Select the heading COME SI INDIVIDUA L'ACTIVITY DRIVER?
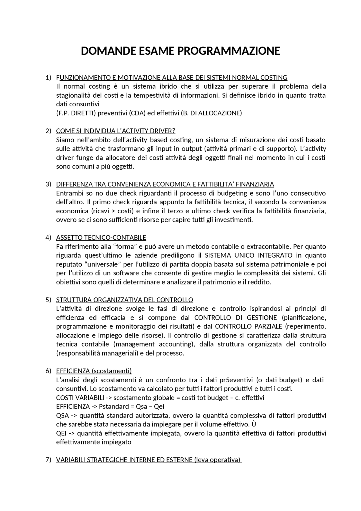pyautogui.click(x=116, y=131)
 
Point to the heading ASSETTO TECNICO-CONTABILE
pyautogui.click(x=101, y=238)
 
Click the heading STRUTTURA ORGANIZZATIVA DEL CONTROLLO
pyautogui.click(x=125, y=300)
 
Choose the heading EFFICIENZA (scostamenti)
pyautogui.click(x=94, y=371)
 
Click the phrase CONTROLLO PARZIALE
pyautogui.click(x=248, y=326)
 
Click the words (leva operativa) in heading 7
pyautogui.click(x=217, y=460)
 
